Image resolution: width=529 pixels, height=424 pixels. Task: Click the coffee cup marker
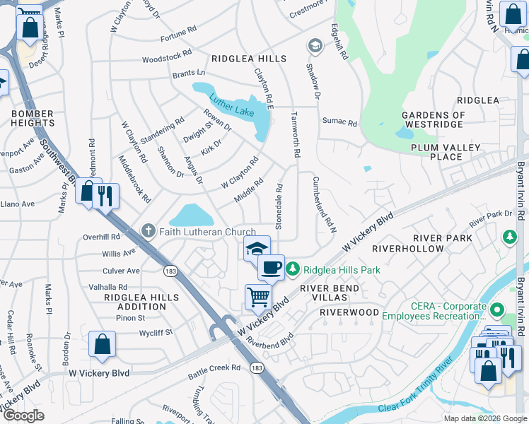coord(271,268)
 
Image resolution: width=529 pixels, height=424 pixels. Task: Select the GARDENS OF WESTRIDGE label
coord(434,119)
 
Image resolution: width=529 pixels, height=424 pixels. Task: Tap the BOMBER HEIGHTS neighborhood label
coord(32,118)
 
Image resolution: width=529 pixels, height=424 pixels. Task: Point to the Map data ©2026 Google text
coord(484,418)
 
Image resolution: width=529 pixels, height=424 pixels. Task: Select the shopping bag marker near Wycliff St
coord(102,344)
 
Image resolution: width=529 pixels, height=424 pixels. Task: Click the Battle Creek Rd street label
coord(215,367)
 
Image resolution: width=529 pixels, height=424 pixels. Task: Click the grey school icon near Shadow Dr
coord(314,46)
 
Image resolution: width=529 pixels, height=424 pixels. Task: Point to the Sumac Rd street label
coord(341,122)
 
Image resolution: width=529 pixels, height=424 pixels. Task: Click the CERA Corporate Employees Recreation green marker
coord(496,310)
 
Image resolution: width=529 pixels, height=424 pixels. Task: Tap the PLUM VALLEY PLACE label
coord(446,152)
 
